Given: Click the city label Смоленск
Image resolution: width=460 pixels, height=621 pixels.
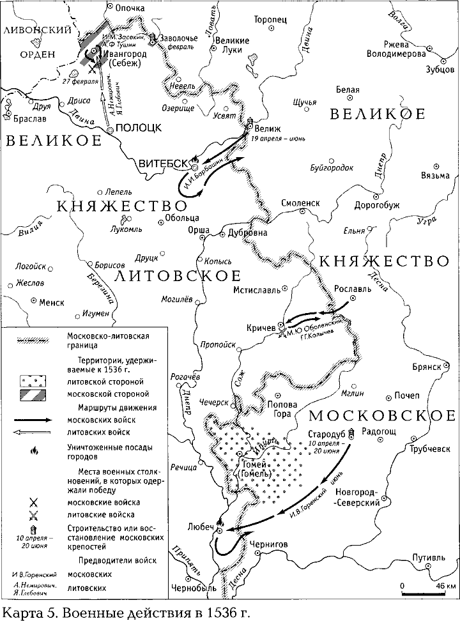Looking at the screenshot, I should [300, 203].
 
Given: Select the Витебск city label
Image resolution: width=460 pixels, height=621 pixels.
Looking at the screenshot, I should [163, 164].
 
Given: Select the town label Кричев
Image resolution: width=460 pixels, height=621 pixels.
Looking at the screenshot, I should [261, 326].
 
